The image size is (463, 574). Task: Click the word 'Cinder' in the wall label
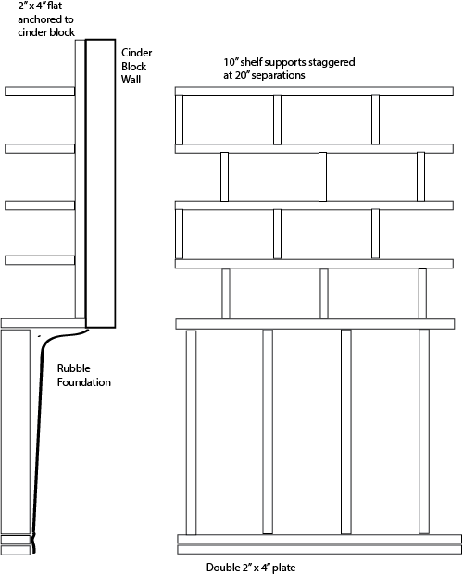point(136,53)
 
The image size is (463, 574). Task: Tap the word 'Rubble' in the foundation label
point(73,368)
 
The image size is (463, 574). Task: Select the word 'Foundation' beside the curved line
point(84,382)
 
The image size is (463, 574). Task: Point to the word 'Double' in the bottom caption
point(222,568)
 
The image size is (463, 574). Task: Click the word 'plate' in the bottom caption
point(284,568)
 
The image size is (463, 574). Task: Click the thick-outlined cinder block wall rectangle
point(101,183)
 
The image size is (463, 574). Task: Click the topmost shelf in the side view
point(40,92)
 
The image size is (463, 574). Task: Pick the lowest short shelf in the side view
point(40,260)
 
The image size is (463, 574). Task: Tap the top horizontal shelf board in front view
point(314,92)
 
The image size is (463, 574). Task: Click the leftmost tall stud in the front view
point(191,432)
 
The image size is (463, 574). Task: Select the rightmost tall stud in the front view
point(424,431)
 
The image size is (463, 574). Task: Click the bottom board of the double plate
point(319,550)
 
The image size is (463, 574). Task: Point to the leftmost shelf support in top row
point(179,120)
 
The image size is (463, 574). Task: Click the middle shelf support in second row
point(322,177)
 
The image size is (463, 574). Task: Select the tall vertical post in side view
point(81,179)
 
